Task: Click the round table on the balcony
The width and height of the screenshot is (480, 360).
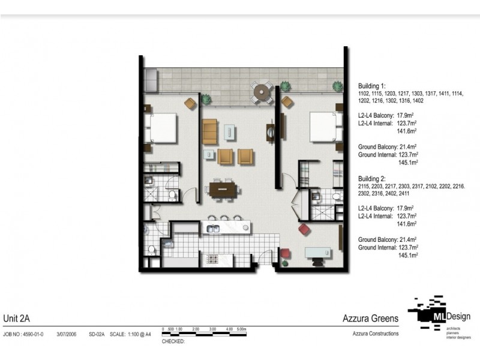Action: pyautogui.click(x=262, y=92)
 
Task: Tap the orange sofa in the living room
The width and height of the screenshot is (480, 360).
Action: pyautogui.click(x=209, y=131)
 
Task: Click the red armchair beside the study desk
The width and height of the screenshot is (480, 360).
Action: pyautogui.click(x=305, y=229)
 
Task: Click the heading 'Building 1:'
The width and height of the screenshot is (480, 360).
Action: pyautogui.click(x=373, y=86)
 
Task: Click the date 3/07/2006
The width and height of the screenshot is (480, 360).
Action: pyautogui.click(x=66, y=334)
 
